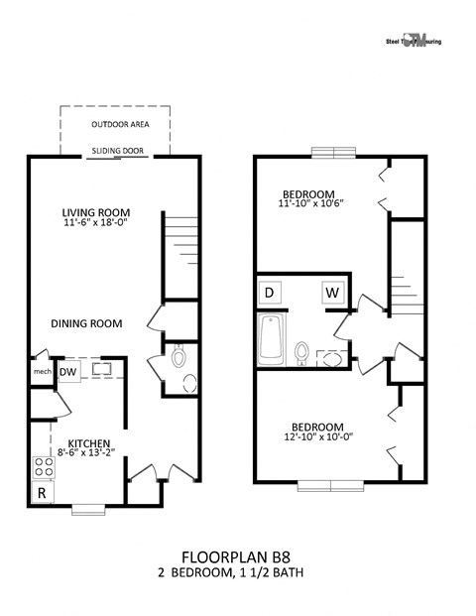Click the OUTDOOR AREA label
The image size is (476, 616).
point(114,125)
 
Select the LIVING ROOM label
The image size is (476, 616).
point(96,212)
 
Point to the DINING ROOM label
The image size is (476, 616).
point(87,323)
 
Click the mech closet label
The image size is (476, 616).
point(42,372)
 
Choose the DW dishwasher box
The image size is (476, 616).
point(68,372)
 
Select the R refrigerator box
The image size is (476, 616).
point(43,493)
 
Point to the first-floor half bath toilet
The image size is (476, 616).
point(179,355)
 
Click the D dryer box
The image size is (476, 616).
point(269,293)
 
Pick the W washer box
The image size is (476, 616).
point(331,293)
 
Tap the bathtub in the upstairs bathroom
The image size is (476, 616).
point(271,338)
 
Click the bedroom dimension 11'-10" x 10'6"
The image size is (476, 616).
point(308,203)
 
